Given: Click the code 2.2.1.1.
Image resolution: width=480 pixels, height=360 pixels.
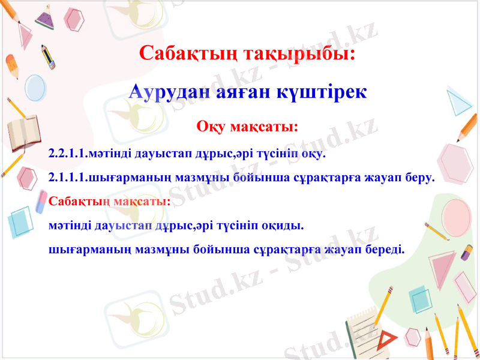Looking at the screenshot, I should [x=68, y=154].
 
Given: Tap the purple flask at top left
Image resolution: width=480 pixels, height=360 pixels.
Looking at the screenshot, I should [x=45, y=18].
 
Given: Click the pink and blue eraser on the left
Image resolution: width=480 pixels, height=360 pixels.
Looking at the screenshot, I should [x=41, y=202].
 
